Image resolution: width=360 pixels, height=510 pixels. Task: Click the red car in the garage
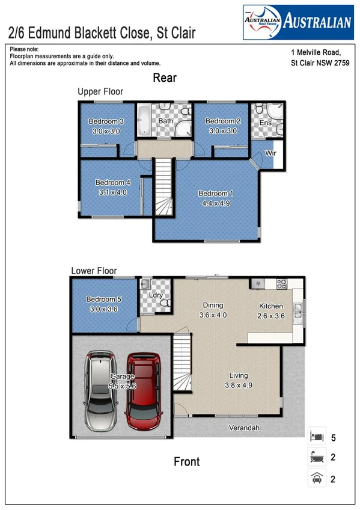[144, 392]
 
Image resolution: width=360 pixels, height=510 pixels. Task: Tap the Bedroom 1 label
[214, 194]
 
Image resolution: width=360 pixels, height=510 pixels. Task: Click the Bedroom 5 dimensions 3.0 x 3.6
[100, 309]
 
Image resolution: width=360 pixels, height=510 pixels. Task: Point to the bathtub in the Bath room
[144, 120]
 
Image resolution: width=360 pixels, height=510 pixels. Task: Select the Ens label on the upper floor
[265, 123]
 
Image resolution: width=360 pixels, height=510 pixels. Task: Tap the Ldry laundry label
[156, 296]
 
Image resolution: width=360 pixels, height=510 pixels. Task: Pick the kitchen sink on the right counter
[297, 311]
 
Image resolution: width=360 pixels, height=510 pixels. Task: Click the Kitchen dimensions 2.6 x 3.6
[270, 315]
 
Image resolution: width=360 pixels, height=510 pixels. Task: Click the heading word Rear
[165, 78]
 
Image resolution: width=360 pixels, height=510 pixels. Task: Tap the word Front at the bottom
[186, 462]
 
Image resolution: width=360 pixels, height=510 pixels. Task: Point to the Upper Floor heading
[100, 92]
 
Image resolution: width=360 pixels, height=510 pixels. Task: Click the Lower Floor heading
[94, 271]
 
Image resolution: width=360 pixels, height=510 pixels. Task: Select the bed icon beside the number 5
[316, 435]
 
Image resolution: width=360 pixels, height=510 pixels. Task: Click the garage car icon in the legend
[316, 479]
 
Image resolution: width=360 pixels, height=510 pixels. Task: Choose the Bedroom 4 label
[112, 183]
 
